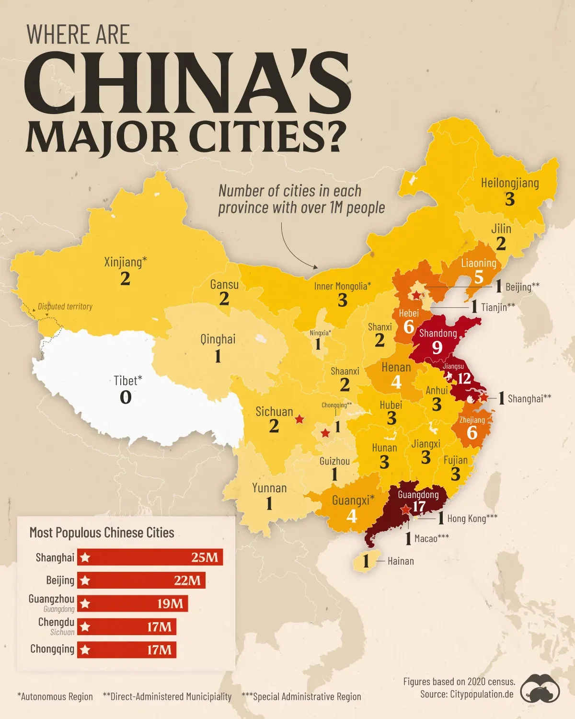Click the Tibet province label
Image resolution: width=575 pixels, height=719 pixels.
(x=127, y=381)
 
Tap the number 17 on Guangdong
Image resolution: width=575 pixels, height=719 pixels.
(x=419, y=507)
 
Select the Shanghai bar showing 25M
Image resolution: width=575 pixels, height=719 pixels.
(x=150, y=557)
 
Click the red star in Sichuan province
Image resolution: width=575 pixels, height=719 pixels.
(x=299, y=419)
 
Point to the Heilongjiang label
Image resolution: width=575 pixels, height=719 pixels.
(x=510, y=183)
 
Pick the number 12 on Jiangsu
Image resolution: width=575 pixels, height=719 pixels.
(x=464, y=379)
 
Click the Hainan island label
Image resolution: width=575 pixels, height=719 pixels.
(x=400, y=561)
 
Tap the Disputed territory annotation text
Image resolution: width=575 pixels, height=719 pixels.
(x=65, y=306)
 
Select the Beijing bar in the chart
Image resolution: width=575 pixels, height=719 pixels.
(x=141, y=580)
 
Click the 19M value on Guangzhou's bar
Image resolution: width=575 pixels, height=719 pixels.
(x=170, y=603)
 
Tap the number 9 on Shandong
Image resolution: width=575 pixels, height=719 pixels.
(x=437, y=347)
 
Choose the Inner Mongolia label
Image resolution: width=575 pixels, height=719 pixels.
(x=342, y=286)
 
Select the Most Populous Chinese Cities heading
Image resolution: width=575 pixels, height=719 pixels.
(x=102, y=533)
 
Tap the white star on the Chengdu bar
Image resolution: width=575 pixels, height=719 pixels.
(x=85, y=626)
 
